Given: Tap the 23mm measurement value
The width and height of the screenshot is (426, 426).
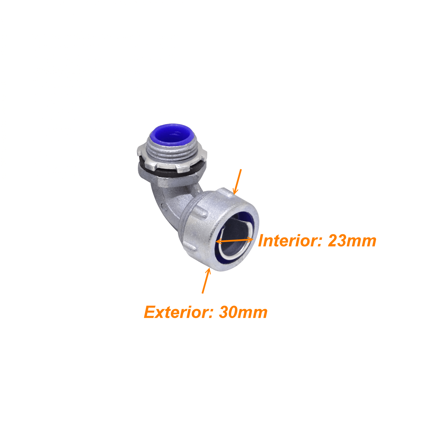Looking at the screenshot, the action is [352, 241].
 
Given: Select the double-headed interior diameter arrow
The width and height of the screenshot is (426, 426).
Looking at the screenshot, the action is [234, 240].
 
